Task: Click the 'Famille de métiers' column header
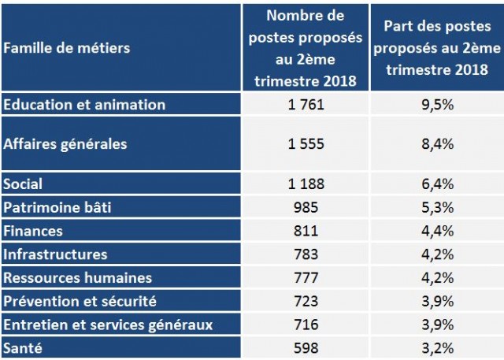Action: click(67, 48)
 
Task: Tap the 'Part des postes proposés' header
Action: click(437, 48)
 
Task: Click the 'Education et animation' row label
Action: click(84, 104)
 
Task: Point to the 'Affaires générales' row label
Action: click(65, 143)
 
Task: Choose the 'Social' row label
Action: click(24, 184)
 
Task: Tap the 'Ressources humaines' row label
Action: click(77, 277)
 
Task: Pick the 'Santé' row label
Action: click(24, 347)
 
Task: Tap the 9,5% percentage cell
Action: click(437, 104)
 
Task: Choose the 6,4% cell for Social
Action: click(437, 184)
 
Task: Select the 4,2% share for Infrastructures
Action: click(437, 254)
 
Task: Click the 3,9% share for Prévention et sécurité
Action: click(437, 301)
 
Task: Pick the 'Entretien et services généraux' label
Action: click(108, 324)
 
